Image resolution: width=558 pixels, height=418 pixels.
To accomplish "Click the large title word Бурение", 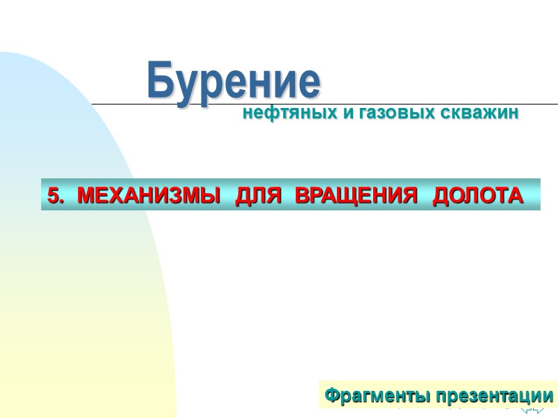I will (234, 82).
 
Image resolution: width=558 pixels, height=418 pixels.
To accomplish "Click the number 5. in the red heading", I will (55, 196).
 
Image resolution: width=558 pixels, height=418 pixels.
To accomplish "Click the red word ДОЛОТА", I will (478, 196).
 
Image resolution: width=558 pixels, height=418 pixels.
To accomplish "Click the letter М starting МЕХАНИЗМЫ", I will (86, 196).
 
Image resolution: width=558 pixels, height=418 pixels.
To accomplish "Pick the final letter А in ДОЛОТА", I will (514, 196).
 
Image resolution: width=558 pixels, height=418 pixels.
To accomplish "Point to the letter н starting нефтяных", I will (248, 113).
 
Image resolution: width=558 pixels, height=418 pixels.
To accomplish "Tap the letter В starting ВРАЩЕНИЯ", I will (302, 196).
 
